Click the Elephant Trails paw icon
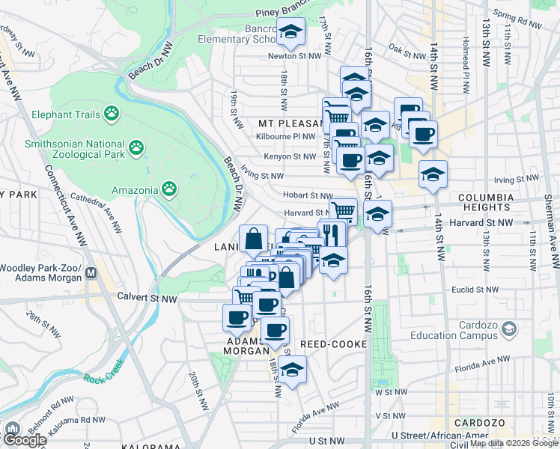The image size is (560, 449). (112, 113)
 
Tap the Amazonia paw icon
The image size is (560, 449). (170, 189)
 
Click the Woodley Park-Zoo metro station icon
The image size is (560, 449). (91, 273)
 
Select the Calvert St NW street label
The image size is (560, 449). (147, 297)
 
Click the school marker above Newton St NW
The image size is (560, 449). (290, 33)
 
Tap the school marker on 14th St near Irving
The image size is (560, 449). (433, 175)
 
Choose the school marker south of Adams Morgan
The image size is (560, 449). (293, 370)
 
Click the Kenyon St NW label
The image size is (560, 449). (290, 156)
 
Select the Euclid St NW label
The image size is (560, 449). (470, 287)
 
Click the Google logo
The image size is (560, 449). (25, 439)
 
